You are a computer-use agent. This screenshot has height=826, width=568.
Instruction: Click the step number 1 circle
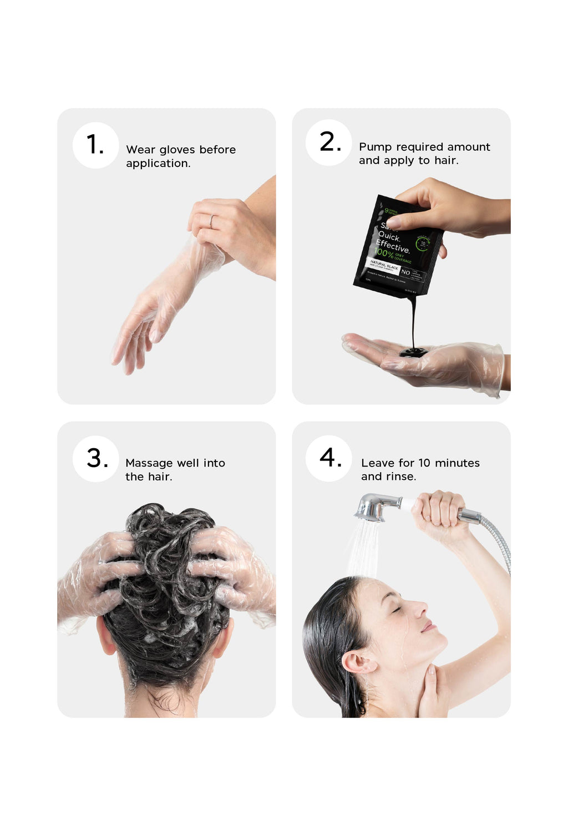95,145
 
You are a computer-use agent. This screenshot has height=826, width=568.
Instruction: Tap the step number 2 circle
329,142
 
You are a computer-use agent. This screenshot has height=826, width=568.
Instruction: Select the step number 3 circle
95,458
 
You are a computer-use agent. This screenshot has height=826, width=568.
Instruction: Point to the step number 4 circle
329,458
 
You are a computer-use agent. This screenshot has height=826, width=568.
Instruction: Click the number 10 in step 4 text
424,463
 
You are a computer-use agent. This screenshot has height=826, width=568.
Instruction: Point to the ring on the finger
211,221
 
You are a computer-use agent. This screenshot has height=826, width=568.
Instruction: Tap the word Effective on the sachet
393,245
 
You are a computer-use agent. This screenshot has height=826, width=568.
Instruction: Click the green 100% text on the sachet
384,253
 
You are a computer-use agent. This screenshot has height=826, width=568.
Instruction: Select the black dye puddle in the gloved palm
413,352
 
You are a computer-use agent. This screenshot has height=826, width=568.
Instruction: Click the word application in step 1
158,164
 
